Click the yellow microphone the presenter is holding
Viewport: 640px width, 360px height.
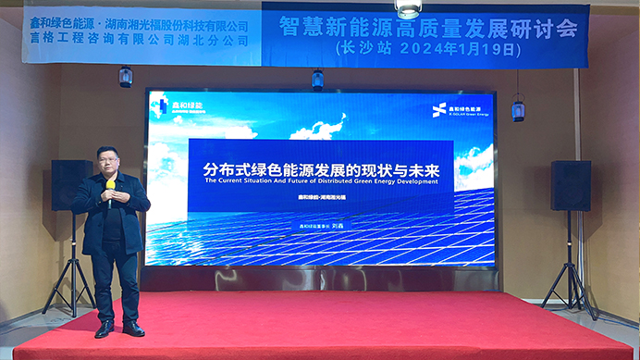(x=110, y=186)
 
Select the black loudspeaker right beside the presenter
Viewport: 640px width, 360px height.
(x=71, y=184)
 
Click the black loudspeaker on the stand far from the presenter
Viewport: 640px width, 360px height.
(x=570, y=185)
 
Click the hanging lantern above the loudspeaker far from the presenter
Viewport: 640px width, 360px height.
(x=518, y=109)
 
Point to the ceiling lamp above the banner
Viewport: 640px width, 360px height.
(x=408, y=7)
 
